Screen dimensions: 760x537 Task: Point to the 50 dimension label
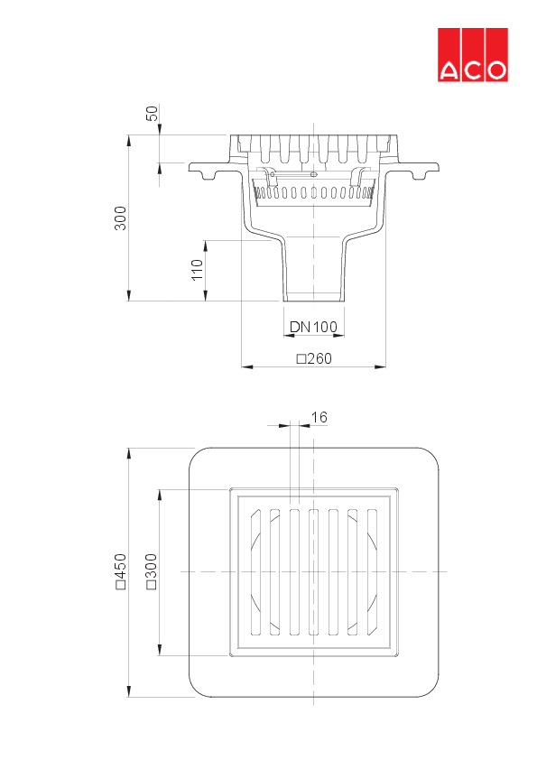click(152, 114)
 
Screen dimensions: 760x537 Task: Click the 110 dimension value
click(198, 270)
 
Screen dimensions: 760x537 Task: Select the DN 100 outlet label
click(313, 327)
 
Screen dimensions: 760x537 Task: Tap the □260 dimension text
click(314, 358)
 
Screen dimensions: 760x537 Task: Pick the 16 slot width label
click(319, 417)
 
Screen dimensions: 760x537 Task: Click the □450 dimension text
click(121, 572)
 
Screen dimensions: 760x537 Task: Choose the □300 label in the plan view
click(152, 572)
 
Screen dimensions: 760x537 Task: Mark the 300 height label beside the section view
click(120, 218)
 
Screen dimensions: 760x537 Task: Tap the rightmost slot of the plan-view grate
click(372, 572)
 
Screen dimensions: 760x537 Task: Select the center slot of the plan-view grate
click(313, 572)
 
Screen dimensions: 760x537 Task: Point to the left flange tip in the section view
click(190, 168)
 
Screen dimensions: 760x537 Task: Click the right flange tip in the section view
click(437, 168)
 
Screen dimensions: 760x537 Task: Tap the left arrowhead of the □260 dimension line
click(244, 366)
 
